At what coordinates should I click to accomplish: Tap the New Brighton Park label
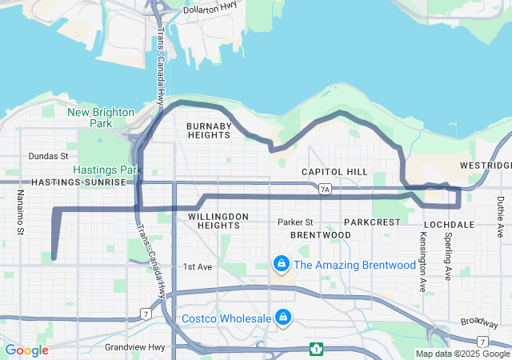tap(101, 118)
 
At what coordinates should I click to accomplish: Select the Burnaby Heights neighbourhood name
tap(209, 130)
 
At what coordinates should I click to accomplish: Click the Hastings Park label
tap(107, 170)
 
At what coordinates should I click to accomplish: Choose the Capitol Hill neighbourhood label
tap(334, 172)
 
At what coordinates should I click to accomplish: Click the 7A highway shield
tap(324, 190)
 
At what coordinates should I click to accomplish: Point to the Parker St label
tap(295, 222)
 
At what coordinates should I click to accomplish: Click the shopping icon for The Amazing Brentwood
tap(282, 263)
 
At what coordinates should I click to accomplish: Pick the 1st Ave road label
tap(197, 266)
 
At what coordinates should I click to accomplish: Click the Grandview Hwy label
tap(132, 347)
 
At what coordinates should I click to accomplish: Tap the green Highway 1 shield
tap(317, 349)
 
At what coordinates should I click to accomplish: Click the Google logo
tap(26, 350)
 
